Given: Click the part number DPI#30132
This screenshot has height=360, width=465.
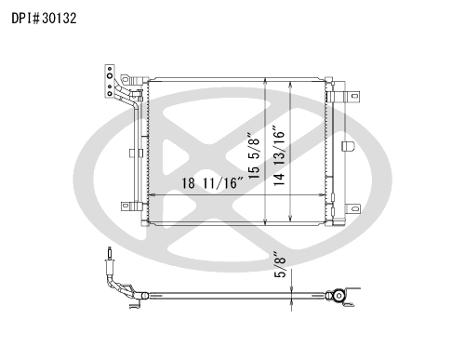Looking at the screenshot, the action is [x=44, y=19].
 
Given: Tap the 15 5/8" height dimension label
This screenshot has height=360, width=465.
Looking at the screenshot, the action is [x=254, y=155].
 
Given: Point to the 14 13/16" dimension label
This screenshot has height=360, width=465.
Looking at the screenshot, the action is [x=279, y=155].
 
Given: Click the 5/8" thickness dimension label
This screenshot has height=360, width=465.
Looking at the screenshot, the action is [x=280, y=264].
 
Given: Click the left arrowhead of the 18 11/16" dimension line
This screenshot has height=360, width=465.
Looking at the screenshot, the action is [x=152, y=195].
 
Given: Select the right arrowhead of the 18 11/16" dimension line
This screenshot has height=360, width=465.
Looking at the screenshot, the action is [x=322, y=195].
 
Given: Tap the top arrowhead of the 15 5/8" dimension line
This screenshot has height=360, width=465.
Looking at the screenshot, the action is [x=265, y=81].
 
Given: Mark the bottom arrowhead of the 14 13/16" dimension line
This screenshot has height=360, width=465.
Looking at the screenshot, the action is [x=290, y=218].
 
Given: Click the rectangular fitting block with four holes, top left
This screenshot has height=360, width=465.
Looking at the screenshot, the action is [x=110, y=82].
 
